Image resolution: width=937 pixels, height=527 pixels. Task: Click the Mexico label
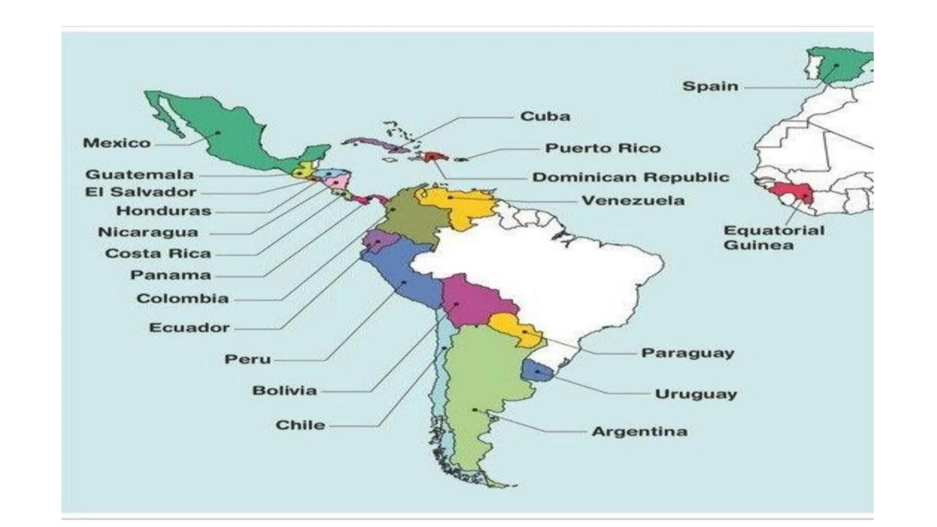click(x=117, y=143)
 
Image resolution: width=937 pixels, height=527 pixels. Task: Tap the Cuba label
click(x=545, y=117)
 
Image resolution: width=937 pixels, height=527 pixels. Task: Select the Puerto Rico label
click(x=603, y=148)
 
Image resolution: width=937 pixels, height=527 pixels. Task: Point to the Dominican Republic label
click(x=631, y=177)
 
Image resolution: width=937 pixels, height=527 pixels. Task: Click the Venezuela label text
click(x=633, y=201)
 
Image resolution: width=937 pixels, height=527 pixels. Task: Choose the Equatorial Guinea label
click(x=774, y=238)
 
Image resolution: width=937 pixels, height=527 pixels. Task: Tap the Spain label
click(x=710, y=86)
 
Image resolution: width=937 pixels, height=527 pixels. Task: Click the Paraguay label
click(x=687, y=353)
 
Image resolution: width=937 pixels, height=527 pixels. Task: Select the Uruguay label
click(x=695, y=394)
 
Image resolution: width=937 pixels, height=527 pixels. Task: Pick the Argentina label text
click(x=639, y=431)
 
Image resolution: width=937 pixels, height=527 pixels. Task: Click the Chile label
click(x=300, y=425)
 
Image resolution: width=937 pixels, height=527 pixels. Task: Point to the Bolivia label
click(x=285, y=390)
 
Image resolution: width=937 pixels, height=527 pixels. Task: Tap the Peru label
click(x=247, y=359)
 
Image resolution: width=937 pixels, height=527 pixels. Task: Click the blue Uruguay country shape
click(x=536, y=370)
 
